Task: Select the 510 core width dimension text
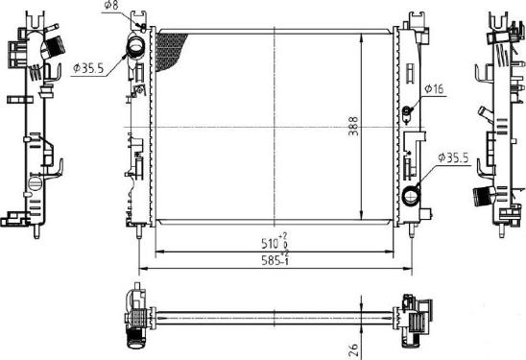coord(274,242)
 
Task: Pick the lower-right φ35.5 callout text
coord(452,156)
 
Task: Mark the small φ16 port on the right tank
coord(407,110)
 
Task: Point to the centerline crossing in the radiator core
coord(276,128)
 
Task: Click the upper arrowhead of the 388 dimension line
coord(361,35)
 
